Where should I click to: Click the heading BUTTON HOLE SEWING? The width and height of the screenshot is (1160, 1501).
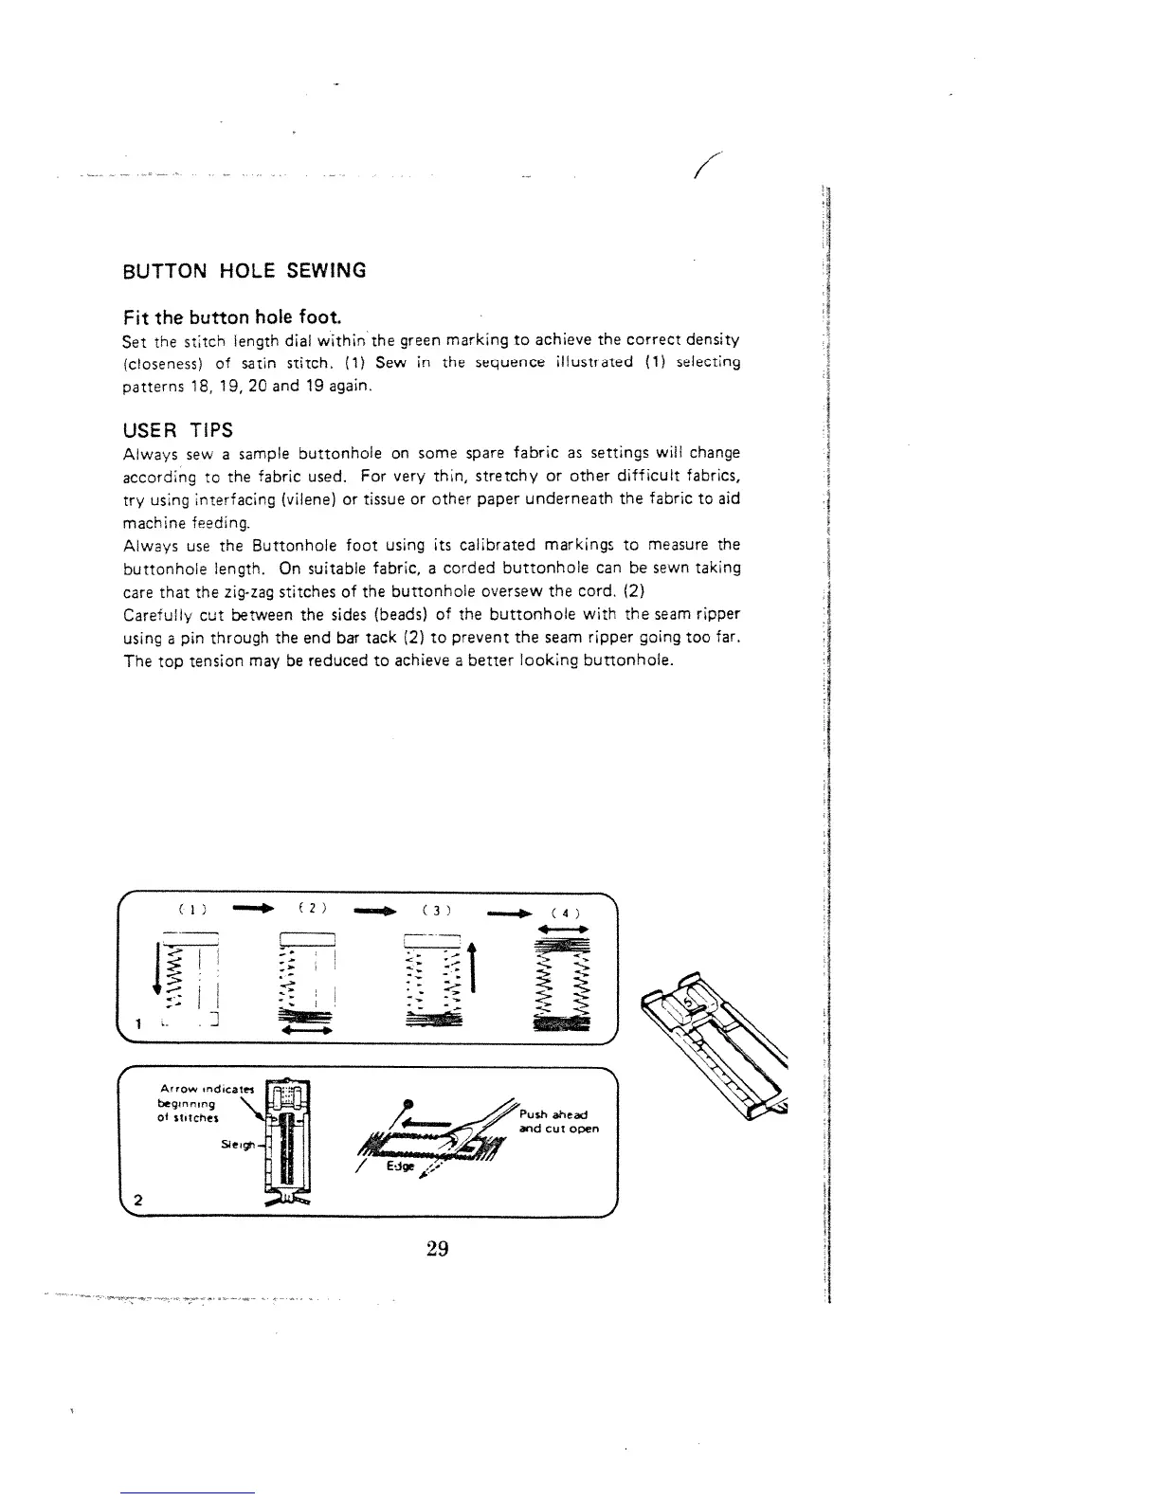click(245, 271)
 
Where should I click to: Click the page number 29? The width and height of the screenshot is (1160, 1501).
click(436, 1249)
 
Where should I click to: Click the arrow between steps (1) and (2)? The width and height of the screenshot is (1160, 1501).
click(252, 910)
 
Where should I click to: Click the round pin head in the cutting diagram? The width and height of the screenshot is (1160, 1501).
click(408, 1103)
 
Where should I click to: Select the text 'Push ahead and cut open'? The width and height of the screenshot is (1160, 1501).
click(559, 1122)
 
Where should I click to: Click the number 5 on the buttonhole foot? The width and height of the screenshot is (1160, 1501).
click(692, 1001)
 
